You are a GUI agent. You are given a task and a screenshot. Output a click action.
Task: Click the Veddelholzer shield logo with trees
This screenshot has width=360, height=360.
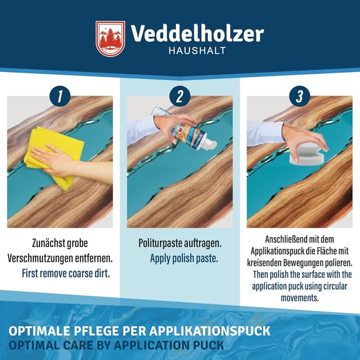coord(110,39)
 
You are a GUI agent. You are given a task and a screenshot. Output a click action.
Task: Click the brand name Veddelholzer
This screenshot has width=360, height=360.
coord(197,34)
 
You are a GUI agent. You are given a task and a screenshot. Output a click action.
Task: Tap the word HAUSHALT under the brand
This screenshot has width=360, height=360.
coord(197,51)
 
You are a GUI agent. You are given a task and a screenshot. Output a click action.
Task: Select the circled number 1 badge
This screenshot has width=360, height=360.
coord(60,96)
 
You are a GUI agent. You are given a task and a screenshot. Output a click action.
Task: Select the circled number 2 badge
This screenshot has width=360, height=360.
coord(179,96)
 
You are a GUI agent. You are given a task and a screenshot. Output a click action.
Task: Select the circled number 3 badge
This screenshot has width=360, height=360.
coord(299,96)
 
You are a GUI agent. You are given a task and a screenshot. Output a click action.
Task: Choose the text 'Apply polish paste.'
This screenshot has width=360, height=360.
coord(183,259)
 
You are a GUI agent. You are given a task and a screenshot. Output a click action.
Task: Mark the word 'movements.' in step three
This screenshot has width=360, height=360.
coord(299,298)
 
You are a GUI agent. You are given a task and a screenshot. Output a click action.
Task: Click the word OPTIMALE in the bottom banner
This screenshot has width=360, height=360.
coord(37,330)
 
